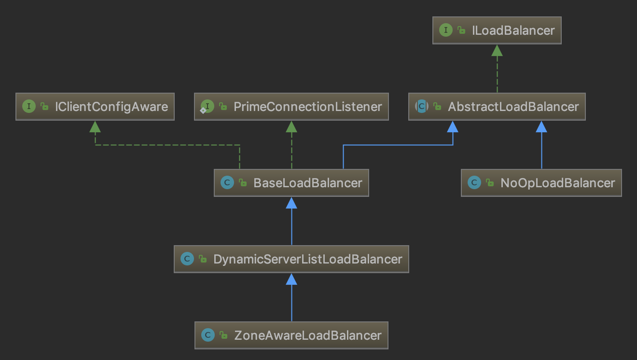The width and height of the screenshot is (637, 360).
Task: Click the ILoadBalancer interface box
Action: [x=497, y=30]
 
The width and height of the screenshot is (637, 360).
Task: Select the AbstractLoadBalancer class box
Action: [x=497, y=107]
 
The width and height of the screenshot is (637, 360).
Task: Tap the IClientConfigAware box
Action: [x=95, y=107]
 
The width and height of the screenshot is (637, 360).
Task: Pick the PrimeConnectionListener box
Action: [x=291, y=107]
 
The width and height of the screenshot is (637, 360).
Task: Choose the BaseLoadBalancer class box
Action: [x=291, y=183]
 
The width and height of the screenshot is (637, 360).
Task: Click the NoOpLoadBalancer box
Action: [x=541, y=183]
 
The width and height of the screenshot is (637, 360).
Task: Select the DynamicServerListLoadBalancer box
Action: [x=291, y=259]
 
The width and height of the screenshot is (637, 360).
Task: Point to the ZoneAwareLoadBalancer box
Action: [x=291, y=335]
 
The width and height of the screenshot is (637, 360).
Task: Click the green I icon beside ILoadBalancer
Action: [x=445, y=30]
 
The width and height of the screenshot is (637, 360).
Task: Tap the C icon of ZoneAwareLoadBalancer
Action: [x=208, y=335]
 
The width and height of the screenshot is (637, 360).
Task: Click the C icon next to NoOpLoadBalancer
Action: [x=474, y=183]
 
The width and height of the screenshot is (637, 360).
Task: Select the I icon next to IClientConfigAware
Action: [x=28, y=107]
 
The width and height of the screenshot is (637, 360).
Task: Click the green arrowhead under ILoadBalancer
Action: [x=497, y=50]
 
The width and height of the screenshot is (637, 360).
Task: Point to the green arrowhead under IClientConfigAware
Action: [x=95, y=126]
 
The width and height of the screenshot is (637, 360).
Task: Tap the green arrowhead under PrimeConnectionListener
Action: [x=291, y=126]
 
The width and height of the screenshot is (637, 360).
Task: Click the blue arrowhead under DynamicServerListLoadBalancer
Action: [x=291, y=278]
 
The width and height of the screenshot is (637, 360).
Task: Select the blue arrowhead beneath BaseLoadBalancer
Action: [x=291, y=202]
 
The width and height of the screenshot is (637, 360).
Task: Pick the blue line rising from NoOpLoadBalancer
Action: [x=541, y=150]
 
